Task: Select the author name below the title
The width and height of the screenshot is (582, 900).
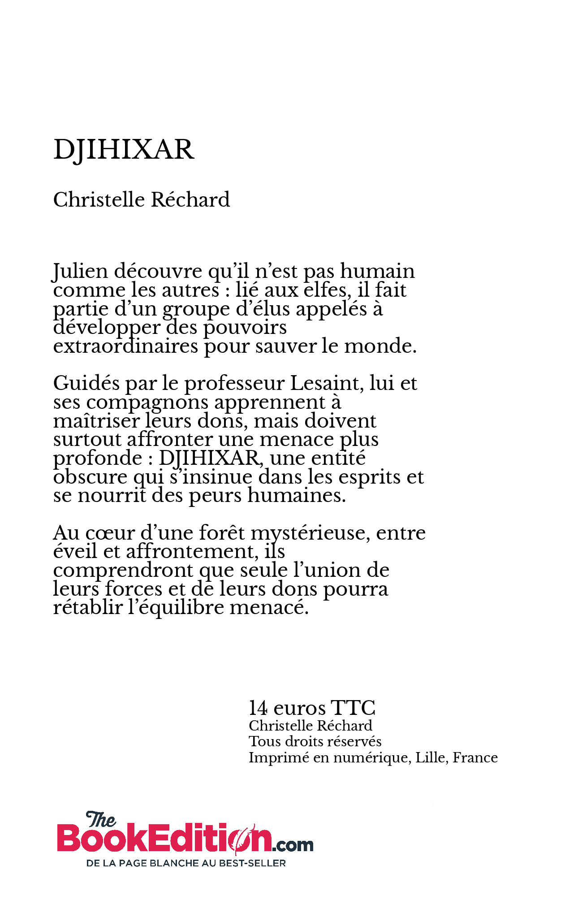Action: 141,200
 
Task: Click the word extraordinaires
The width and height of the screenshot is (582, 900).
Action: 125,346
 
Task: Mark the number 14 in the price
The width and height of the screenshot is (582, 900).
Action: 259,709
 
